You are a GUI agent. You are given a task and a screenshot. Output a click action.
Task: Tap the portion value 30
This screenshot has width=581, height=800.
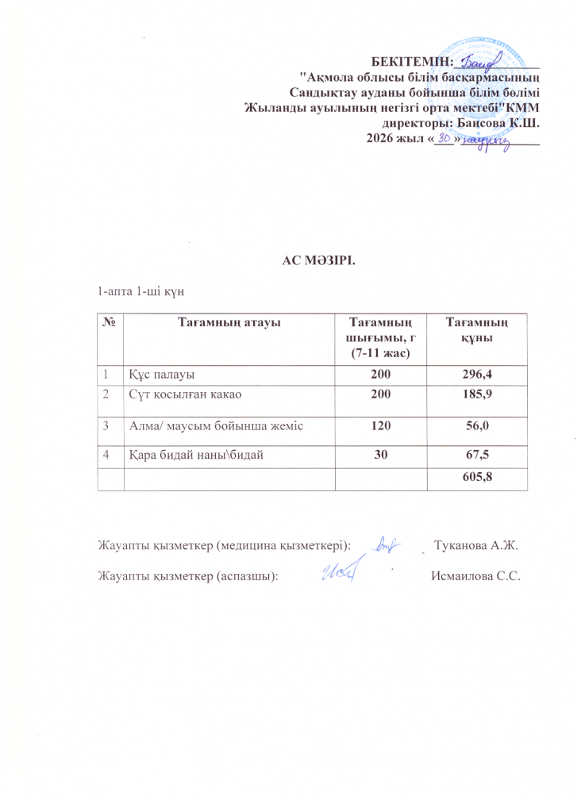pos(373,456)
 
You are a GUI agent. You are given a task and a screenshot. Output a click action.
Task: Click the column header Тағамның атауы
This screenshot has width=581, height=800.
pos(229,321)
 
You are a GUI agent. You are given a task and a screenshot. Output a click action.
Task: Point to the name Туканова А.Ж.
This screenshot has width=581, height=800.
pos(478,544)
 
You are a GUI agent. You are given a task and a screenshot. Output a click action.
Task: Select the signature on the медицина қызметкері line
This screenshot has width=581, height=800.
pos(387,543)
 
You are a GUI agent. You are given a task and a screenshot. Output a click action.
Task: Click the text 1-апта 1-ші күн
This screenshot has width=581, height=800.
pos(140,291)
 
